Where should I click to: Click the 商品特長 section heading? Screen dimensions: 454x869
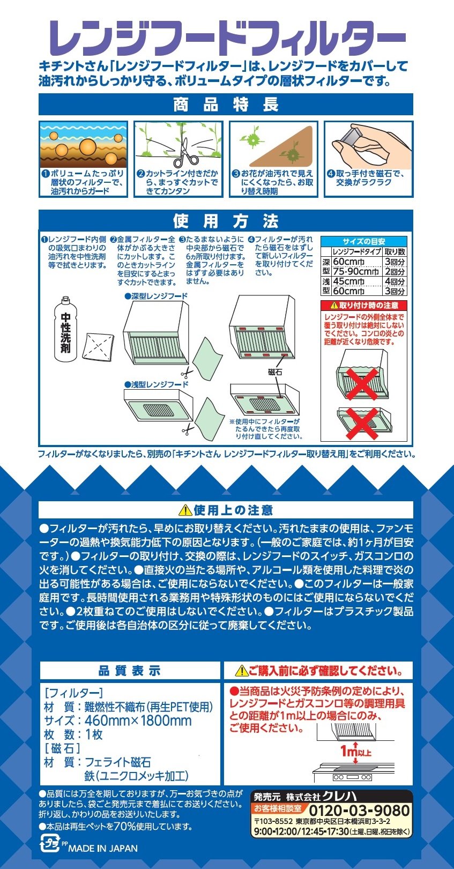coord(226,105)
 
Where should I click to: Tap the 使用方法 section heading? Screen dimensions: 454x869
coord(226,221)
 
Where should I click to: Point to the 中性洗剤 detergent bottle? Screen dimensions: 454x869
coord(65,330)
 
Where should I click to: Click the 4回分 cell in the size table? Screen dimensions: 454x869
coord(395,281)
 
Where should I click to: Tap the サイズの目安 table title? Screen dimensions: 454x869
coord(363,241)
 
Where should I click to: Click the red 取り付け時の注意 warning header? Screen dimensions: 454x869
coord(363,306)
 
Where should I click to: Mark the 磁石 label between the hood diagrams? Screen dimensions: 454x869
coord(275,372)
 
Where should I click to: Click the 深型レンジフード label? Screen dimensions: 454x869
coord(156,296)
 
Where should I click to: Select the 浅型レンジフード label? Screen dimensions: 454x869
coord(156,384)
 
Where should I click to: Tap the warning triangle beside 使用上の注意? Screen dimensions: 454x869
coord(185,510)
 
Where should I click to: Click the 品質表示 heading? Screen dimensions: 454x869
coord(130,671)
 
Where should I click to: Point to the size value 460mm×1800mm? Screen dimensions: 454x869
coord(138,721)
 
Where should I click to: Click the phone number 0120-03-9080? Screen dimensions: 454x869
coord(359,811)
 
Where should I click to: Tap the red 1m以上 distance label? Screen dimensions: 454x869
coord(355,752)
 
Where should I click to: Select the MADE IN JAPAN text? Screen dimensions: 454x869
coord(103,848)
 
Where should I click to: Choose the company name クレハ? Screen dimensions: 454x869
coord(339,796)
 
